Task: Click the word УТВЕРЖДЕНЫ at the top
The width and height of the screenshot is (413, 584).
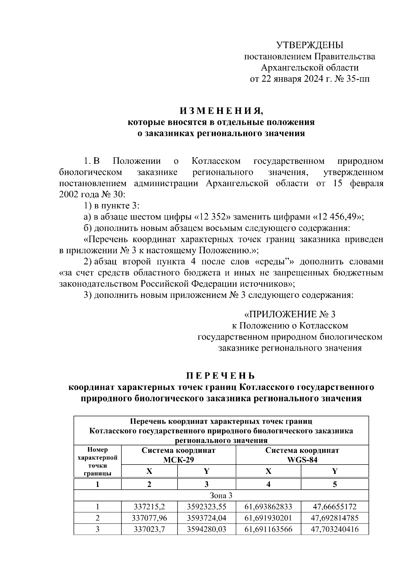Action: (x=310, y=45)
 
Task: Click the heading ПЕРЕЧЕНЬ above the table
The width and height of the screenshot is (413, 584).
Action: (x=221, y=375)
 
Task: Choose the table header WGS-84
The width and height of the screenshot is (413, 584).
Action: (x=302, y=460)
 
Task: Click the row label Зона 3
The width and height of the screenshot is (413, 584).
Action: (x=221, y=496)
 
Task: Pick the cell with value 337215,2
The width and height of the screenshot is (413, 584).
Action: (x=149, y=507)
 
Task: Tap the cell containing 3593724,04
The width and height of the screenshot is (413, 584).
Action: (x=206, y=518)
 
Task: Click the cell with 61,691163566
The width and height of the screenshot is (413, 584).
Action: (x=268, y=529)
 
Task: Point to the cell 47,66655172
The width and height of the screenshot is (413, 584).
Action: (x=335, y=507)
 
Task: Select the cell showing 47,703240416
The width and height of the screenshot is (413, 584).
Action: (x=335, y=529)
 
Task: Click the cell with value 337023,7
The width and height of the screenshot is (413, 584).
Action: (x=149, y=529)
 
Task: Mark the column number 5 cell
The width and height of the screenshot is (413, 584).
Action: (x=335, y=485)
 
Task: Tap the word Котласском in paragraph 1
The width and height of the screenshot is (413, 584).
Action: (x=216, y=161)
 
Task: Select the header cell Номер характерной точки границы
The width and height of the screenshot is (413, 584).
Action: (x=98, y=461)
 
